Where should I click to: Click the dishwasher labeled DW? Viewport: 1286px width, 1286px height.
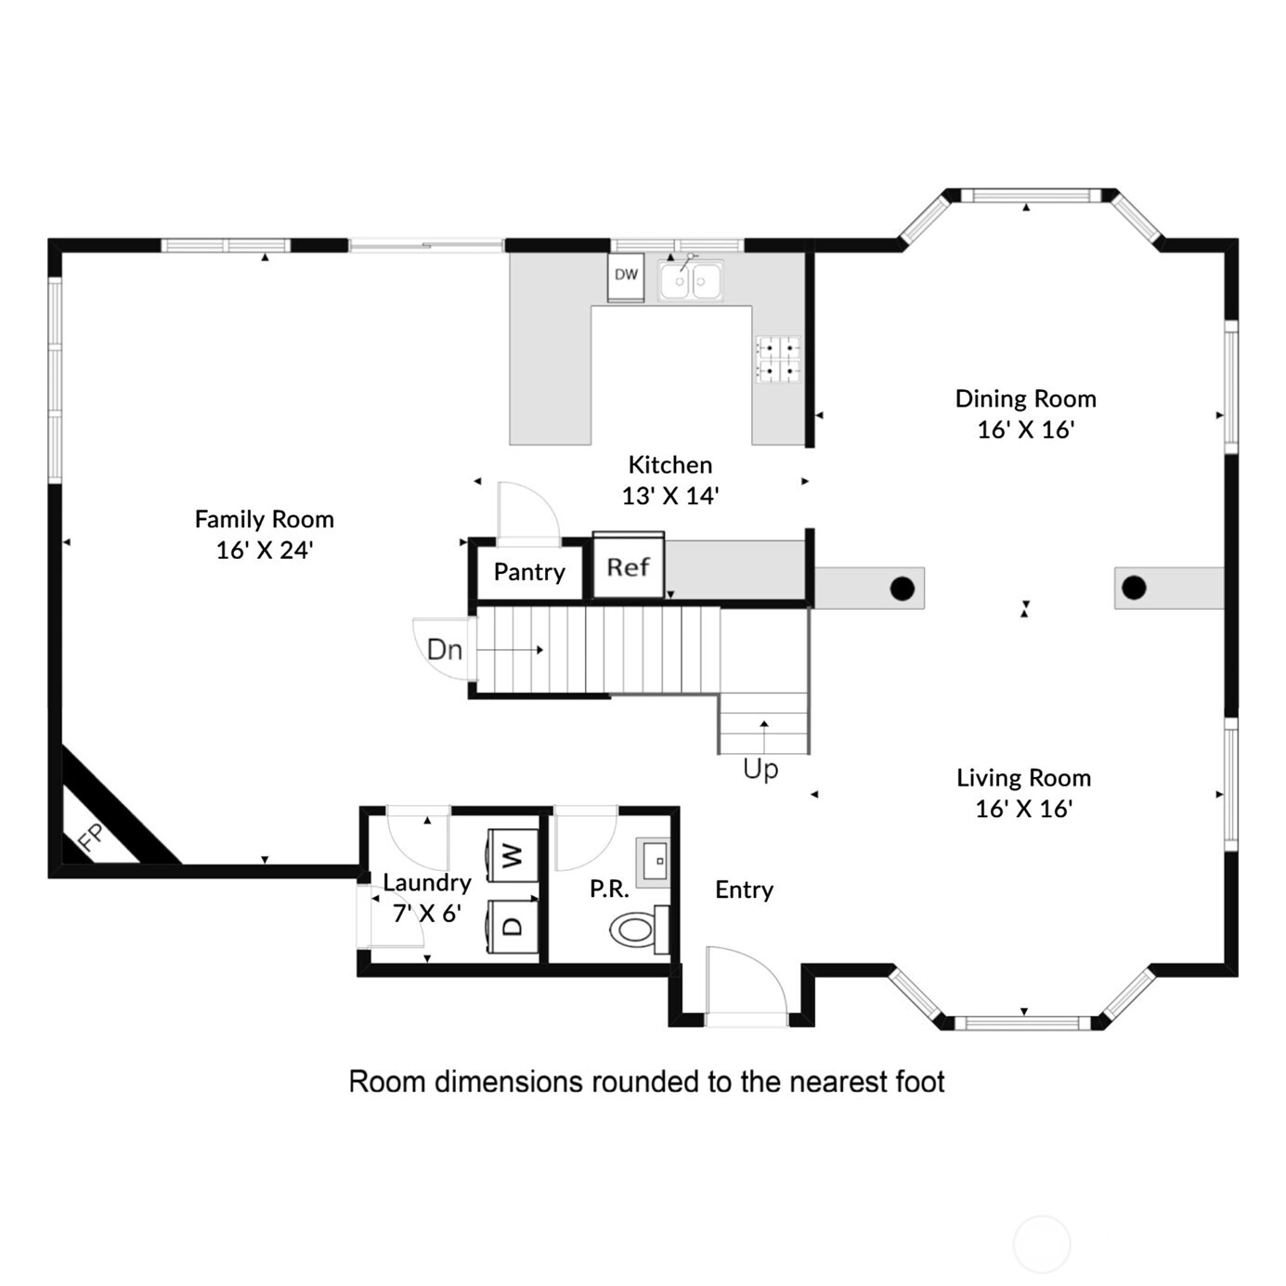625,277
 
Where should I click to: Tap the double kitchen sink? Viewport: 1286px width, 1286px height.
690,280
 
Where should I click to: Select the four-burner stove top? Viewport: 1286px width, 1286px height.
777,358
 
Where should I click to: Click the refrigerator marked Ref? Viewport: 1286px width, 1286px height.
628,565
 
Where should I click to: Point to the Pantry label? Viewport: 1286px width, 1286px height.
529,573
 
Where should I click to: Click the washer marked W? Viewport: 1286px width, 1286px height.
513,855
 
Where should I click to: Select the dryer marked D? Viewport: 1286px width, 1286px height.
513,926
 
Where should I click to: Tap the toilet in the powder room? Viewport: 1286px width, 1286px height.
640,929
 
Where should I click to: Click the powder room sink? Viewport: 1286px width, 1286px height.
652,862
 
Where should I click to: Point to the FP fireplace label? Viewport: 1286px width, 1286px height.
91,838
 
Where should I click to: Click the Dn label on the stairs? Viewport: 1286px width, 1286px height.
445,649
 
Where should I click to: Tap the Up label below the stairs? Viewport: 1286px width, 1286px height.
760,770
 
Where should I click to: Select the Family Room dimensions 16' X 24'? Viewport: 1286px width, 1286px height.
265,550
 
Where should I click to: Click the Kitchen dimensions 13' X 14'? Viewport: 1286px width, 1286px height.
670,496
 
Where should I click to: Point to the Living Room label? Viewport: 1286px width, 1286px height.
1024,777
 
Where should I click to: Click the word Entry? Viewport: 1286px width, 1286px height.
744,890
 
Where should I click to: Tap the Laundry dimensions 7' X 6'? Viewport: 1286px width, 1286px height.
427,913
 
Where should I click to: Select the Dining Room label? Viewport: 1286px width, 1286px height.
1026,399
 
